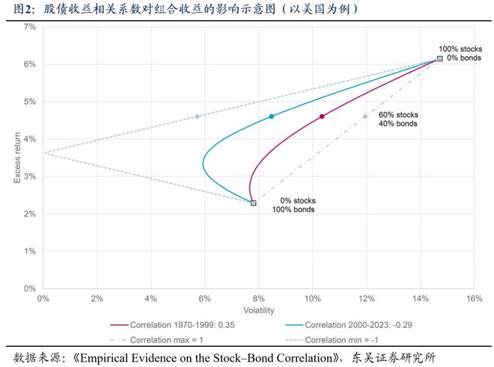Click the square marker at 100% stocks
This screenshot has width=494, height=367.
point(440,58)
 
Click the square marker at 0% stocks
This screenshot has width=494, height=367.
point(253,203)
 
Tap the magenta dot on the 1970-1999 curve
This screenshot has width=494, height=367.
point(322,117)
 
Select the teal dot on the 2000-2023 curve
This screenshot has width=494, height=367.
point(272,117)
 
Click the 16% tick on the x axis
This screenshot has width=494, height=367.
point(473,298)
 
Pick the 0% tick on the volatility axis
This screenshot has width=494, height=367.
point(43,298)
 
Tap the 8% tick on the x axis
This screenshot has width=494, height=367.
point(258,298)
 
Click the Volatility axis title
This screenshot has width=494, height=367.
point(258,309)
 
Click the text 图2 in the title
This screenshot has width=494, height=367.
point(19,8)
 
